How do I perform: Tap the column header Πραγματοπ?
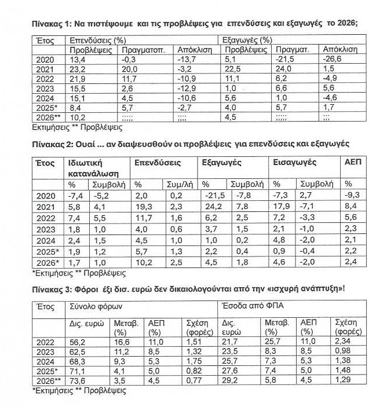coord(141,50)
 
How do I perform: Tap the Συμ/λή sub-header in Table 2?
coord(177,184)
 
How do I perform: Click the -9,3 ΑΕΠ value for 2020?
coord(352,196)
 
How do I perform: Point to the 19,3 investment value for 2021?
coord(143,207)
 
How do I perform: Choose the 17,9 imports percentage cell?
coord(282,207)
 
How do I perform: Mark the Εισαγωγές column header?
coord(291,163)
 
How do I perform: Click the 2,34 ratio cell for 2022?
coord(343,343)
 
